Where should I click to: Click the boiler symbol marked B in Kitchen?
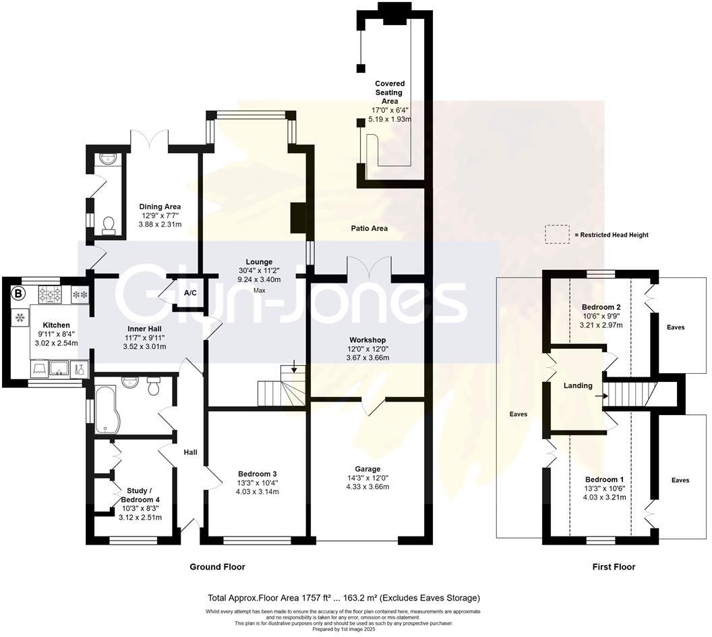click(x=19, y=294)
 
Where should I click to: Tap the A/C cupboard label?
click(x=190, y=292)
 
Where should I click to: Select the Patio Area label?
click(x=369, y=229)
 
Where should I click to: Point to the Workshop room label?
click(x=367, y=339)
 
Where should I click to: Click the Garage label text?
click(x=367, y=469)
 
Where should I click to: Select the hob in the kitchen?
click(x=49, y=294)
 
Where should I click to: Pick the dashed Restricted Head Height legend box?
click(x=556, y=234)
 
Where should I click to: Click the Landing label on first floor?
click(x=578, y=386)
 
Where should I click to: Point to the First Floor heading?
click(x=613, y=567)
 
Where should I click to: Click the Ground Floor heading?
click(x=217, y=567)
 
